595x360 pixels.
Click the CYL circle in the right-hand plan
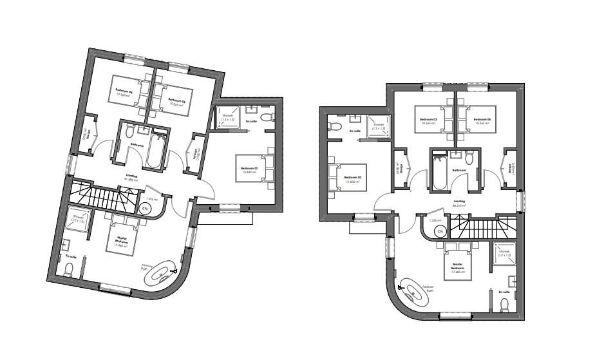pyautogui.click(x=440, y=231)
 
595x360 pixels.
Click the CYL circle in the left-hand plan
pyautogui.click(x=146, y=209)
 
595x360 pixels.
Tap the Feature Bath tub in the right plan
pyautogui.click(x=414, y=296)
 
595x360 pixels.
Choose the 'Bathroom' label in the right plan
pyautogui.click(x=459, y=171)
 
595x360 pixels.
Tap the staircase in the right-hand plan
pyautogui.click(x=480, y=227)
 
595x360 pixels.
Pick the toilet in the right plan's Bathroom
pyautogui.click(x=471, y=158)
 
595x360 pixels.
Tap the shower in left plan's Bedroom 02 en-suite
pyautogui.click(x=227, y=118)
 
